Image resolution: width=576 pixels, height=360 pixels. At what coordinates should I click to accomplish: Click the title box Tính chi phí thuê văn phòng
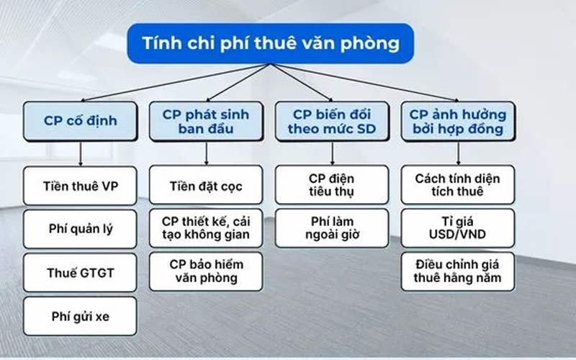coord(271,43)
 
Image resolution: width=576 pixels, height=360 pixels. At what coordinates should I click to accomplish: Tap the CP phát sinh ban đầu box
coord(207,121)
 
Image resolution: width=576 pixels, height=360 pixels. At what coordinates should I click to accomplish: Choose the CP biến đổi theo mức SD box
coord(332,121)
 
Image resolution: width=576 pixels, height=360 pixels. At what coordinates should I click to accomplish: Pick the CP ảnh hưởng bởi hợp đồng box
coord(458,121)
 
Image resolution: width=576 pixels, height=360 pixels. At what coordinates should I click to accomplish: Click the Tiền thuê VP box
coord(80,186)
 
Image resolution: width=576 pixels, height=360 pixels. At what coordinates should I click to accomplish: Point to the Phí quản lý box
coord(80,230)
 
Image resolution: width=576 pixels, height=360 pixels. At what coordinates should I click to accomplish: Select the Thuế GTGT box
coord(80,272)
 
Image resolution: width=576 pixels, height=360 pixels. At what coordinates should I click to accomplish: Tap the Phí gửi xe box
coord(80,315)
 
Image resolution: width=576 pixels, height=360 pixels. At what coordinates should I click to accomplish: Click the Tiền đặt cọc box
coord(207,186)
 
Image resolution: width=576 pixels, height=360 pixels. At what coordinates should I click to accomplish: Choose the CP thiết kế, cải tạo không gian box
coord(207,228)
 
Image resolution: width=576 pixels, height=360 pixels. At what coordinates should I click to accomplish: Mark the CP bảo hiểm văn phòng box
coord(207,271)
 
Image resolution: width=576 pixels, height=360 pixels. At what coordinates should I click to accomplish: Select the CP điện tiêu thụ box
coord(332,185)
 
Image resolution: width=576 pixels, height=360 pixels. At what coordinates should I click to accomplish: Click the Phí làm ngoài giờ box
coord(332,228)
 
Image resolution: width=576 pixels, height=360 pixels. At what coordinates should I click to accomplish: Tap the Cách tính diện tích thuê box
coord(458,185)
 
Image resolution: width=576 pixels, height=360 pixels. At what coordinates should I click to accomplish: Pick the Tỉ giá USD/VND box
coord(458,228)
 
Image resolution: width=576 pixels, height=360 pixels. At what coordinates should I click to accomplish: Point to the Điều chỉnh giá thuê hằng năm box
coord(458,271)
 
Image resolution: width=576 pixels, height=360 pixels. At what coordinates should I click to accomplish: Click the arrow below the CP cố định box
coord(80,153)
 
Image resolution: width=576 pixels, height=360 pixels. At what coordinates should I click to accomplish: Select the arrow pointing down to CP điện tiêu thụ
coord(332,153)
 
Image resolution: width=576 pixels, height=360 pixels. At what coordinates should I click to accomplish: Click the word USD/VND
coord(458,235)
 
